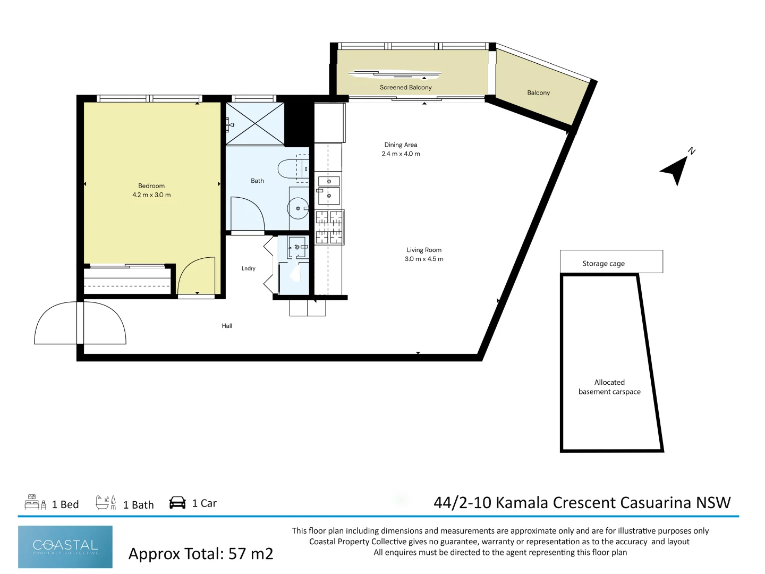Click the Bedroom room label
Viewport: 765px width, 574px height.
coord(151,186)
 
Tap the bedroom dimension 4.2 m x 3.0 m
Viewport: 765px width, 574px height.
coord(151,195)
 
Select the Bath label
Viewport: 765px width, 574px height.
coord(257,181)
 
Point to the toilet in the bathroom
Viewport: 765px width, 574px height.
coord(293,169)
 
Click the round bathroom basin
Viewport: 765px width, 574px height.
coord(298,208)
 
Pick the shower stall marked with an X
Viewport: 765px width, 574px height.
coord(255,123)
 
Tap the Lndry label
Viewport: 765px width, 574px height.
coord(249,268)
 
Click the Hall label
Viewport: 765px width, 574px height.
coord(227,326)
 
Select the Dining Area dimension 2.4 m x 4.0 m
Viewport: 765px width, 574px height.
coord(401,154)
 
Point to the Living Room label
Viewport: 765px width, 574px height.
coord(424,250)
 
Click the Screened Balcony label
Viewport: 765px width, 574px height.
coord(406,88)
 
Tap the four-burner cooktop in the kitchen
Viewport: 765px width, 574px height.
coord(330,227)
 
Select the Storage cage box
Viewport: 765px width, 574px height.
coord(611,261)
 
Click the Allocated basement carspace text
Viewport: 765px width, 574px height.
coord(609,387)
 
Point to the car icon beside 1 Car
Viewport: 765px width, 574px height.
coord(177,503)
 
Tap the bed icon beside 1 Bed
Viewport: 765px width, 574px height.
coord(36,502)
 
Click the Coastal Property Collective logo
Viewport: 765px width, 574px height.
coord(65,547)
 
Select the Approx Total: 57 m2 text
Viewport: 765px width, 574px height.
coord(201,554)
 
